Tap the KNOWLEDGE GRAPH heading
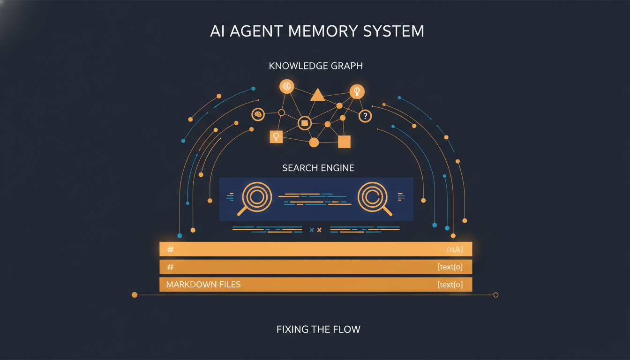[x=315, y=66]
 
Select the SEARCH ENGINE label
[x=318, y=168]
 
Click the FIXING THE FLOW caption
[x=318, y=329]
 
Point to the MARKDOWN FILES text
[x=203, y=285]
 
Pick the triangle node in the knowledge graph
[x=317, y=95]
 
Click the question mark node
[x=365, y=116]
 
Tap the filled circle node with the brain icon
[x=286, y=86]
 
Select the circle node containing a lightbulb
[x=357, y=91]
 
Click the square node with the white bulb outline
[x=276, y=136]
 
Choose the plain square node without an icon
[x=344, y=142]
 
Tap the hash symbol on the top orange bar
[x=170, y=249]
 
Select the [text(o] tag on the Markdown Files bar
[x=450, y=285]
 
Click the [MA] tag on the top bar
[x=455, y=249]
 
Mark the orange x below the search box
[x=320, y=230]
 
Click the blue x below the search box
[x=312, y=230]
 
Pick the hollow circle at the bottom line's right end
[x=496, y=295]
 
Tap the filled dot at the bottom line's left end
[x=135, y=295]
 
